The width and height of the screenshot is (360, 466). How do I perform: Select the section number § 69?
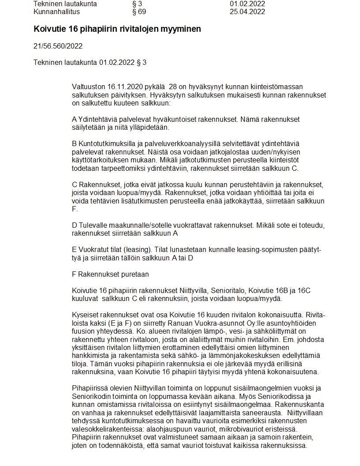139,12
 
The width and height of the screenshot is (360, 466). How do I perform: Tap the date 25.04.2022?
247,12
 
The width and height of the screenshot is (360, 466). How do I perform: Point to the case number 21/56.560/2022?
58,46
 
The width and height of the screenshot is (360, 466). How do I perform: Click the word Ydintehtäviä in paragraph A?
97,120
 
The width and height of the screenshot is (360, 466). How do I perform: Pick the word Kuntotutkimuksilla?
108,144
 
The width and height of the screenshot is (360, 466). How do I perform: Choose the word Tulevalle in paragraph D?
94,225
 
